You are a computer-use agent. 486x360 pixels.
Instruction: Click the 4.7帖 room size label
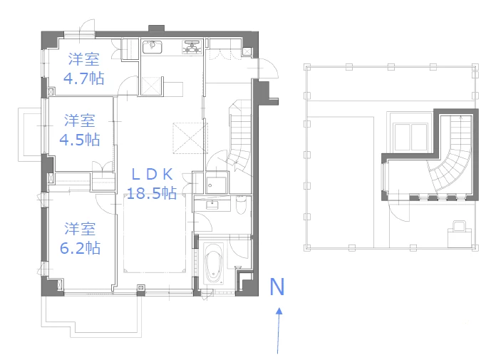coord(84,78)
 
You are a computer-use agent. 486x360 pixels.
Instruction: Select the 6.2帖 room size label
coord(81,248)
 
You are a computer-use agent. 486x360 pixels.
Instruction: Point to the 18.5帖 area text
coord(152,192)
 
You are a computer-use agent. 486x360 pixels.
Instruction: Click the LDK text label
coord(152,174)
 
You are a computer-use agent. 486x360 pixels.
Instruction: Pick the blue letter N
coord(278,287)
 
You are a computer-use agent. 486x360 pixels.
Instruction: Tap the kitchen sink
coord(152,48)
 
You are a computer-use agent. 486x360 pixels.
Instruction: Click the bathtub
coord(213,265)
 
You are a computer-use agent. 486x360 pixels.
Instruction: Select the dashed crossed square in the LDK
coord(190,137)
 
